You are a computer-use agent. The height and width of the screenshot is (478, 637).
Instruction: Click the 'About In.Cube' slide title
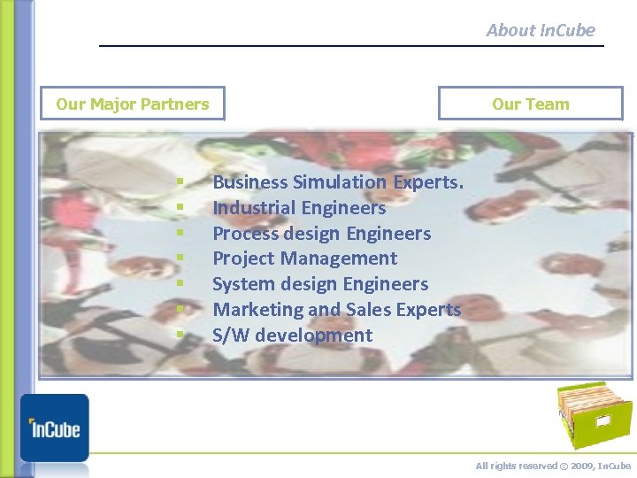point(541,30)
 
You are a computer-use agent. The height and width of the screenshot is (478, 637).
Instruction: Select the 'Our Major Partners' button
point(133,104)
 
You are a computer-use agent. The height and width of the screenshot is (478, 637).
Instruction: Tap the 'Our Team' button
point(531,104)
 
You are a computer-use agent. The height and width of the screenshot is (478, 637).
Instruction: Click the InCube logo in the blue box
point(55,428)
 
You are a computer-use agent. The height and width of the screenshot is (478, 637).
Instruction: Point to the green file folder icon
point(594,416)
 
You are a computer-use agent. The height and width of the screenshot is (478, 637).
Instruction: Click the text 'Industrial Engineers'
point(299,208)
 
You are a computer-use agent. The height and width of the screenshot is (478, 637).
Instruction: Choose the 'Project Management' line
point(304,258)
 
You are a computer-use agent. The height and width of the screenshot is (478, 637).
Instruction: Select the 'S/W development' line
point(292,335)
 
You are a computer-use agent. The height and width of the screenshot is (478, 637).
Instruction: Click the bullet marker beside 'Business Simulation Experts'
point(179,182)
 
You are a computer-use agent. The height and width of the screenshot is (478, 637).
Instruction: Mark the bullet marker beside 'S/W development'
point(179,335)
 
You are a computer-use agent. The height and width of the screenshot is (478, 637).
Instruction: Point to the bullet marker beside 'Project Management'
point(179,258)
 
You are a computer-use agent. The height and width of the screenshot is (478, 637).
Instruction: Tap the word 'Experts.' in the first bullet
point(428,182)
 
